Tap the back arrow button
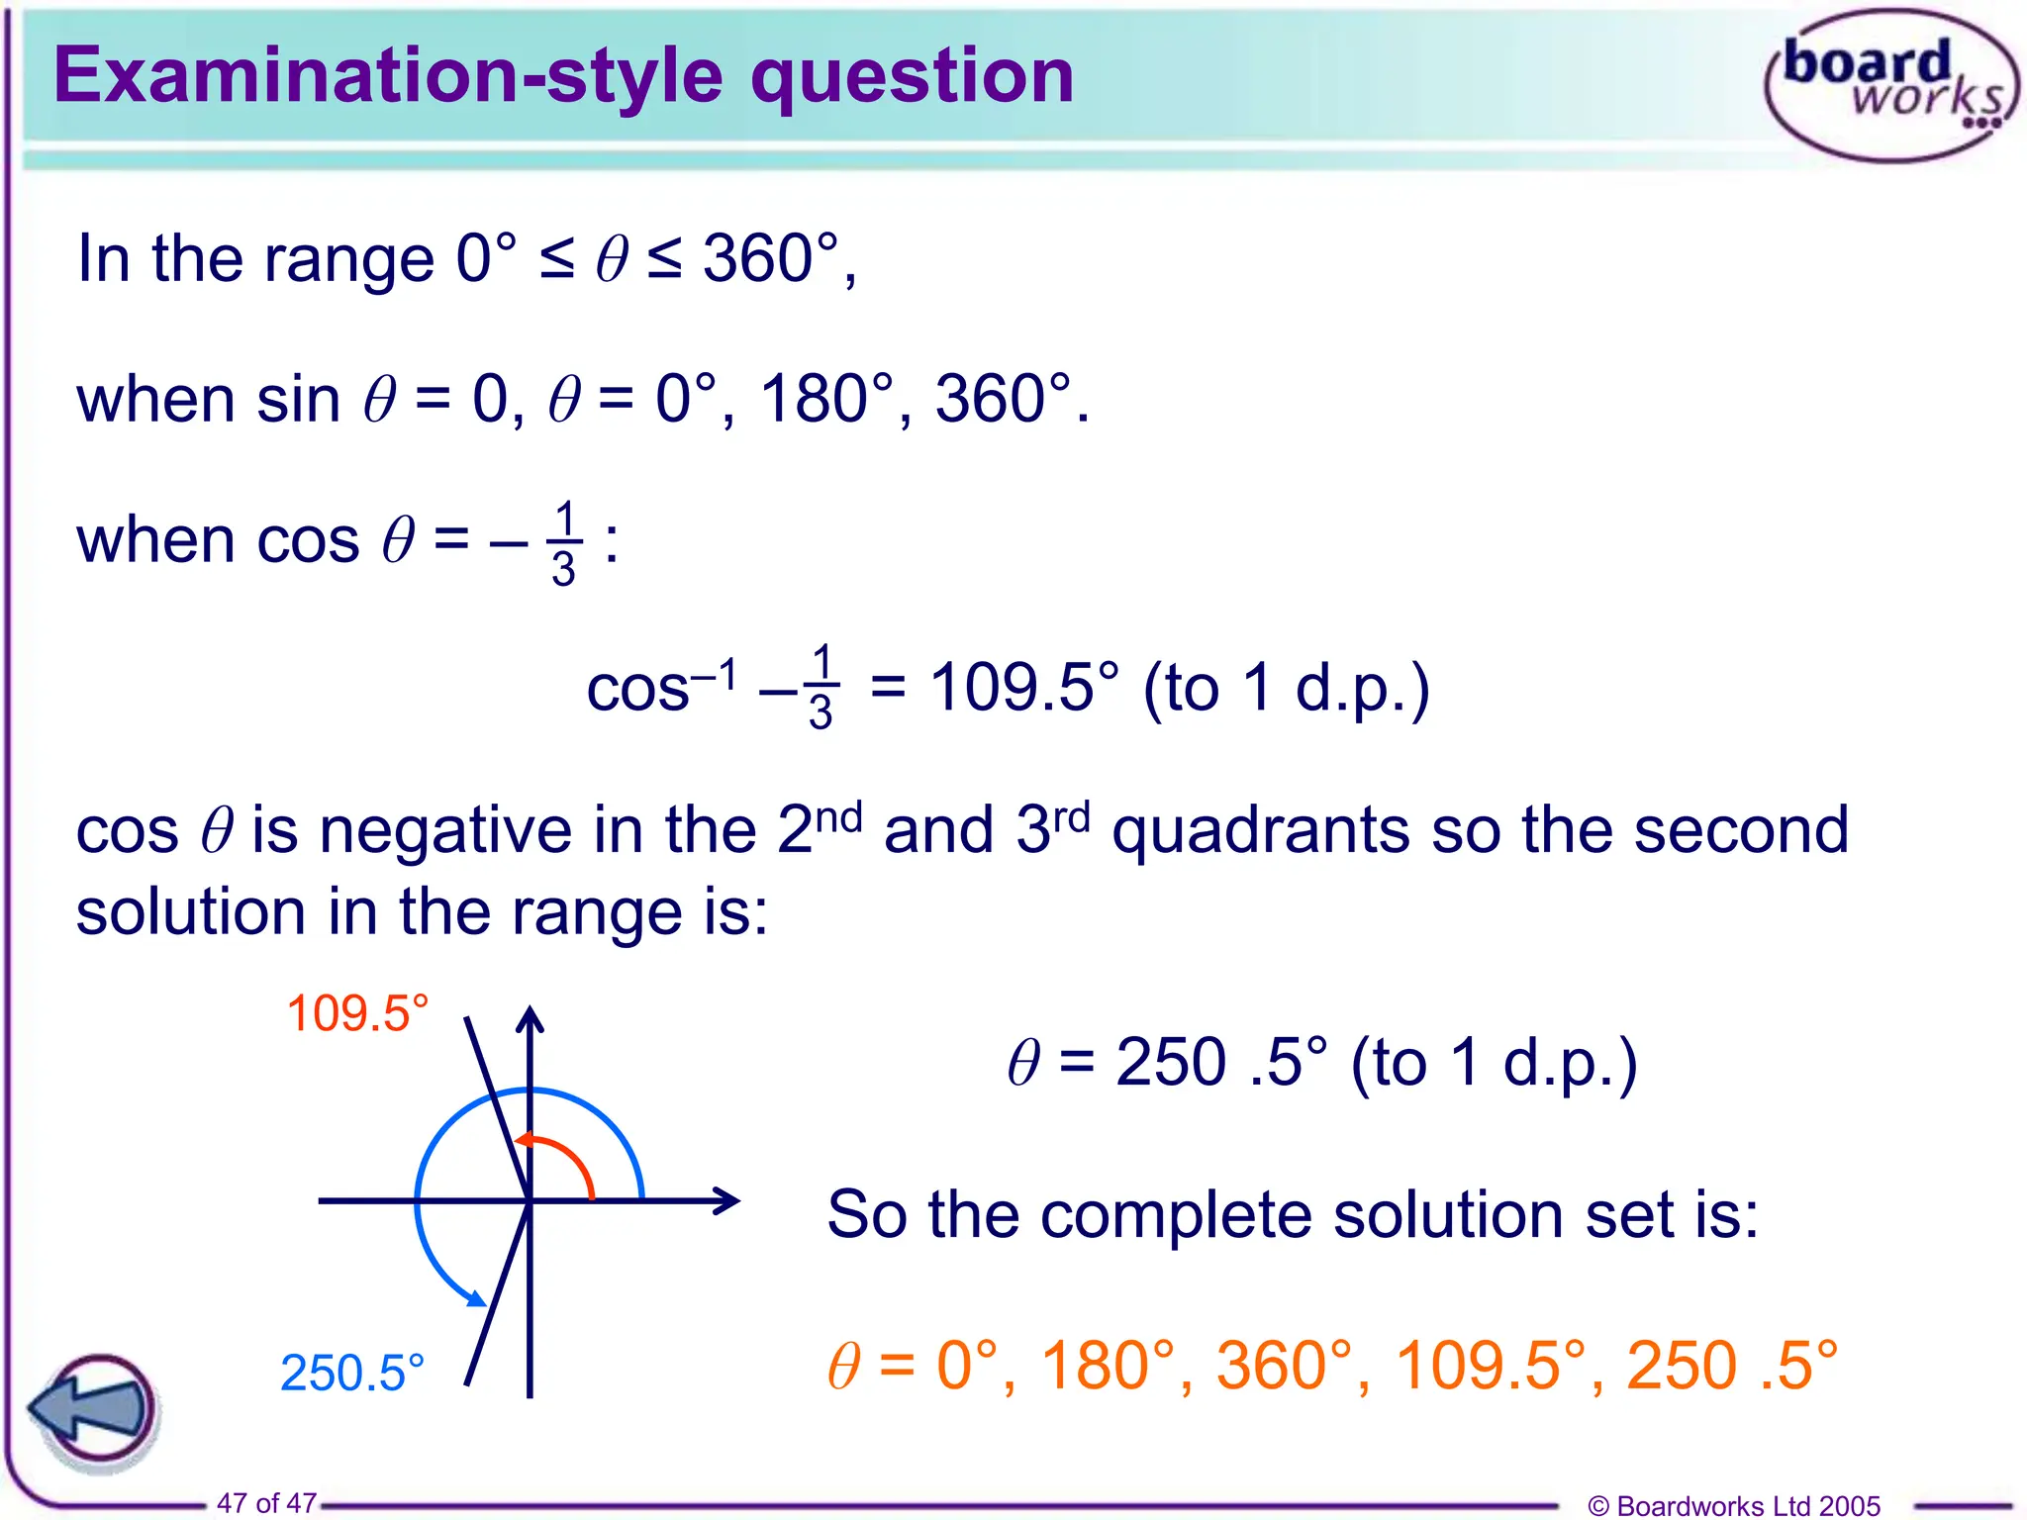[94, 1409]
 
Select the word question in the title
[912, 76]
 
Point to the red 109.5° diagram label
[357, 1014]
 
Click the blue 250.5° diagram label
[352, 1374]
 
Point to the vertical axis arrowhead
[531, 1019]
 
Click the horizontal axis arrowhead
[727, 1200]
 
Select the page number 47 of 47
[266, 1502]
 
